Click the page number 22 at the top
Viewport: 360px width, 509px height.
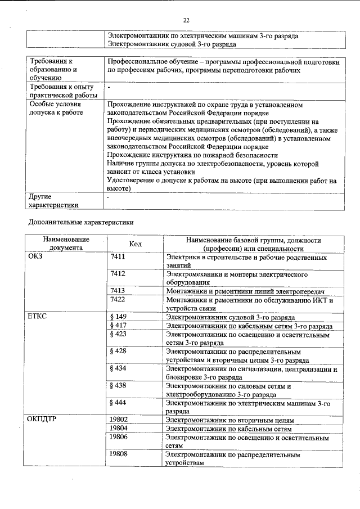tap(186, 20)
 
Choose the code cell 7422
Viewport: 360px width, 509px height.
tap(118, 300)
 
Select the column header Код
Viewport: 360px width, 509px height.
tap(135, 244)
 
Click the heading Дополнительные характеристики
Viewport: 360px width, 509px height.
tap(81, 222)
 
